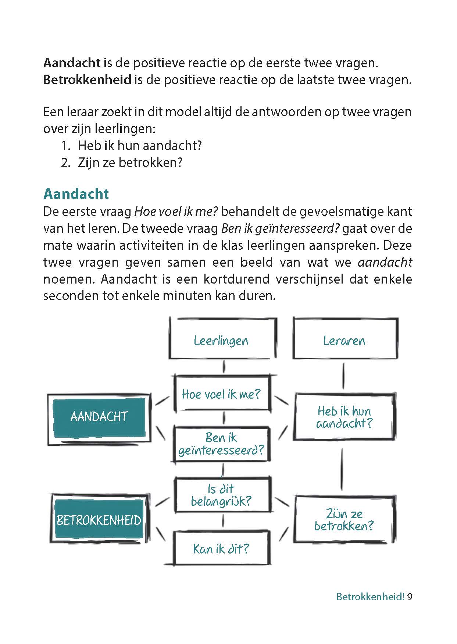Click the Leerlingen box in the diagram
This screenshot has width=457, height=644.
222,339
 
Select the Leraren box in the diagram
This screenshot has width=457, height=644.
345,339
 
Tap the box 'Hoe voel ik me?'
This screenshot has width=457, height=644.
222,394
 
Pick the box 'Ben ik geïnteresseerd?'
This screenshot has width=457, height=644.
222,444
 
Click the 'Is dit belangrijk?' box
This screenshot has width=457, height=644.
222,495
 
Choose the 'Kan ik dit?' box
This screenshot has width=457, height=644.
222,548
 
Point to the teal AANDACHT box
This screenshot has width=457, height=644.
99,416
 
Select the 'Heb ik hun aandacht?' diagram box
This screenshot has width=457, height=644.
344,417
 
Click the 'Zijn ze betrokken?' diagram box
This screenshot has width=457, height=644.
344,519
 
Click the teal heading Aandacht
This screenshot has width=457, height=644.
76,194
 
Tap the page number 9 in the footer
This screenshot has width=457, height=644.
410,597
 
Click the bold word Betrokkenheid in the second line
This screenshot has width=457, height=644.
87,80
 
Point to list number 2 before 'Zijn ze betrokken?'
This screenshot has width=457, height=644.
65,163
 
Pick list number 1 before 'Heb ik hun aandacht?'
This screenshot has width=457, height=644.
65,146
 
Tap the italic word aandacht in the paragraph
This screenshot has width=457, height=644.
385,262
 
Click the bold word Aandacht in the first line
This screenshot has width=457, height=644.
72,63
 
